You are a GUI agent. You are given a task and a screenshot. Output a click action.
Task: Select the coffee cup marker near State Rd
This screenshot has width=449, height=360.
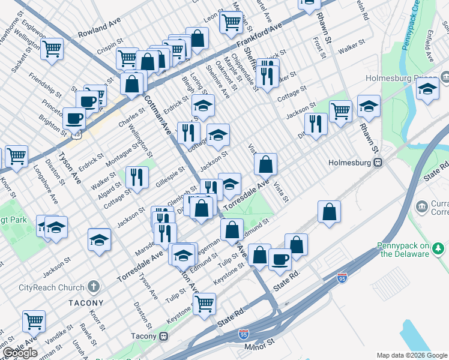point(279,259)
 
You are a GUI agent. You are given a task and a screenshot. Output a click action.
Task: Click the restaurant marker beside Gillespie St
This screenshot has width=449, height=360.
point(137,176)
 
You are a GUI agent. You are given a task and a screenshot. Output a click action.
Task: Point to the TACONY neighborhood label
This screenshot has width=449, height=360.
point(85,303)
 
